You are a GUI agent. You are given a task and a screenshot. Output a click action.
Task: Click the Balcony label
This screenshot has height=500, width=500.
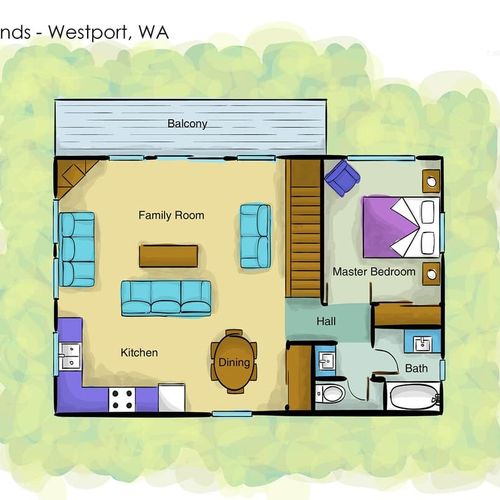pos(187,124)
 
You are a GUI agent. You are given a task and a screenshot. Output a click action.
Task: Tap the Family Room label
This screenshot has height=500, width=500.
pos(171,215)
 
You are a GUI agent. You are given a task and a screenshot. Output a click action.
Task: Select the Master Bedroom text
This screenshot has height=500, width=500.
pos(374,272)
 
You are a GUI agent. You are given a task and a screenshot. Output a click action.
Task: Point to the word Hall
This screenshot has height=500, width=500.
pos(326,321)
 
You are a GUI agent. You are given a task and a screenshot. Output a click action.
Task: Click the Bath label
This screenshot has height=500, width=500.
pos(416,368)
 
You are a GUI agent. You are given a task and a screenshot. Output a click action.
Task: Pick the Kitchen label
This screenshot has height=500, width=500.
pos(139,353)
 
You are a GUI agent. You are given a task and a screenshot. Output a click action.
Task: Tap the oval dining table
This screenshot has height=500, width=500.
pos(234,362)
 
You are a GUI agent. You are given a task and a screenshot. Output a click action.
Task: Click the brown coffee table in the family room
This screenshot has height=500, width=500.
pos(168,256)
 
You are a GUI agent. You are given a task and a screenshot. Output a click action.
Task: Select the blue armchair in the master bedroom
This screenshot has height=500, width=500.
pos(342,178)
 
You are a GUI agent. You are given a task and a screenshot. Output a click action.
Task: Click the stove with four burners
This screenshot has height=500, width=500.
pos(122,399)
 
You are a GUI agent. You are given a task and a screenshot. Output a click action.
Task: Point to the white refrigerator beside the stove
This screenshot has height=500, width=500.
pos(172,397)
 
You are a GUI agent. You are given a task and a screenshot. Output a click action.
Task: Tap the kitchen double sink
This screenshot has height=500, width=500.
pos(70,356)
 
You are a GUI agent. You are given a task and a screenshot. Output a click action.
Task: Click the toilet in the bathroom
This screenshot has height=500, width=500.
pos(331,394)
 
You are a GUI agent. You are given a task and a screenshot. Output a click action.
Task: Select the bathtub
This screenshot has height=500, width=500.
pos(413,396)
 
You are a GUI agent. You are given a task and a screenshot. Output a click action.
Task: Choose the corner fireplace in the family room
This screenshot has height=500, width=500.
pos(75,176)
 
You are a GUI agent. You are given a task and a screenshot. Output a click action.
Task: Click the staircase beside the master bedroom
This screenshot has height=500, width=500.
pos(303,228)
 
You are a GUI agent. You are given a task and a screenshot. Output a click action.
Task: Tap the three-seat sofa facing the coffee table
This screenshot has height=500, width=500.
pos(166,298)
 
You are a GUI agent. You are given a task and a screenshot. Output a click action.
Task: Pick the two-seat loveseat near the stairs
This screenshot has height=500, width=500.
pos(256,236)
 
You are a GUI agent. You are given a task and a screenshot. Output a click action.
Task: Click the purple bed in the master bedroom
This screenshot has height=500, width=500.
pos(401,227)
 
